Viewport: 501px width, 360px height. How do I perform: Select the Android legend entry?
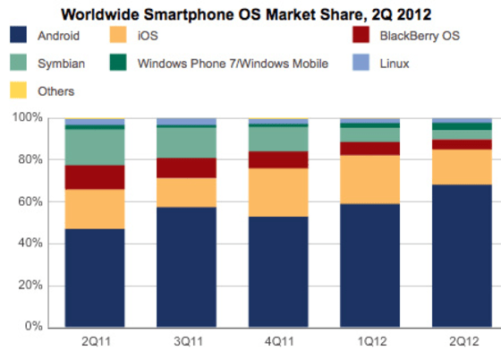pos(59,37)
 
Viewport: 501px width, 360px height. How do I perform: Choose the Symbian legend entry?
pos(60,64)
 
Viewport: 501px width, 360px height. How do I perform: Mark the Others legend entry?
pos(56,90)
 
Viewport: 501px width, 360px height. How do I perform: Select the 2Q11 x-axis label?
pos(94,342)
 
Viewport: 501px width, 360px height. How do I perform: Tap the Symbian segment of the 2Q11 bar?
pos(94,147)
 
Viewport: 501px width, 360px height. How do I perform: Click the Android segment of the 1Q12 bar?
pos(369,265)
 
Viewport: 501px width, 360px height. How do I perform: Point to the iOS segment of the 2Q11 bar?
pos(94,209)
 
